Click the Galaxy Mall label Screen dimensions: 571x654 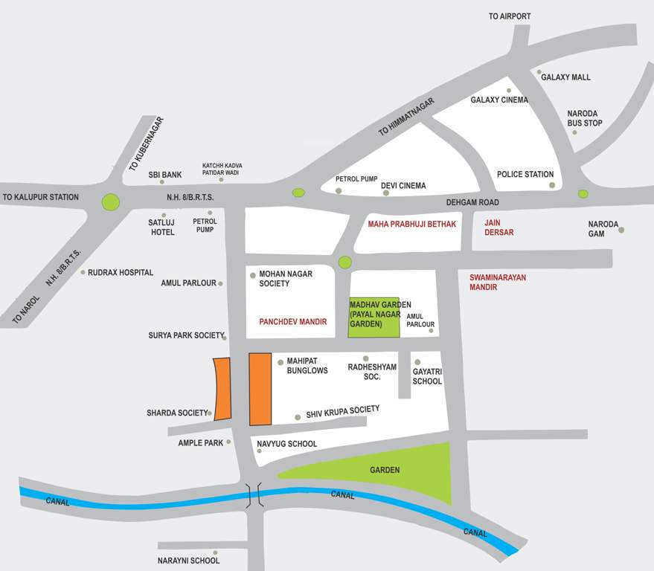click(x=565, y=77)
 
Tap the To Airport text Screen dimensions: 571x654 click(x=510, y=16)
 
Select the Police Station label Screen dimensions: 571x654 click(x=525, y=175)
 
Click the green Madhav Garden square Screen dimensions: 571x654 click(x=374, y=315)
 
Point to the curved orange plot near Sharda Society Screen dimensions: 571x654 click(x=222, y=389)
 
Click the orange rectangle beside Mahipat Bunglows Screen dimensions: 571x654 click(x=260, y=389)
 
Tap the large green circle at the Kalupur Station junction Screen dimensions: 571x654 click(x=111, y=201)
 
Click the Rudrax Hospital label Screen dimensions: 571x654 click(x=121, y=273)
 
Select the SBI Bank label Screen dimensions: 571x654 click(x=165, y=175)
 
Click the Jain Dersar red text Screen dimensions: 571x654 click(x=498, y=228)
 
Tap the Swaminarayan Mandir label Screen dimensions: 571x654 click(x=498, y=283)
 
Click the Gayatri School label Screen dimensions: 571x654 click(x=427, y=376)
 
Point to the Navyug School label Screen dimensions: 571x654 click(x=286, y=444)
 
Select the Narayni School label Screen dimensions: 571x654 click(x=188, y=561)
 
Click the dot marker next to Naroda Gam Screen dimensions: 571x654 click(x=621, y=230)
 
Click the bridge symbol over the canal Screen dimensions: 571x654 click(x=254, y=496)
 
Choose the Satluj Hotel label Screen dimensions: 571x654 click(x=163, y=227)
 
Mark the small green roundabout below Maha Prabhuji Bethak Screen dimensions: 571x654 click(x=344, y=262)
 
